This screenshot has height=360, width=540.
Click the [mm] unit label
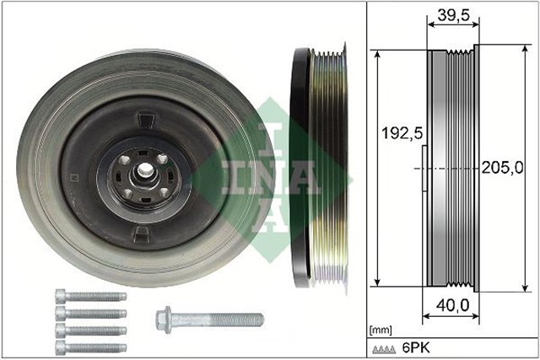coord(382,327)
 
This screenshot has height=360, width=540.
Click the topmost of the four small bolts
coord(89,297)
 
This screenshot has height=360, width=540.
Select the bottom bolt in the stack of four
coord(89,347)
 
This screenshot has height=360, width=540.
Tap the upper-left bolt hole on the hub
coord(124,159)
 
